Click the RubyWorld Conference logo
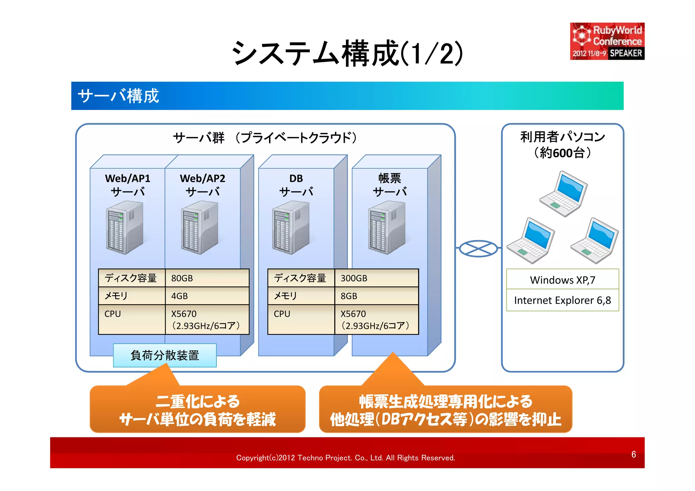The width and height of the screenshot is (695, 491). coord(607,41)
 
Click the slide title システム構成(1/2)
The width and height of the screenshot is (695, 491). coord(347,53)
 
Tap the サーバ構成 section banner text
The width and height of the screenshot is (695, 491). coord(118,96)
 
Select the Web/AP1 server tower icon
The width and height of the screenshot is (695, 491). coord(125,227)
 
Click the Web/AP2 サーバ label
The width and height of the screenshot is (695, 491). coord(203,185)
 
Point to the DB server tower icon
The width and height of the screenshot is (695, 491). coord(291,227)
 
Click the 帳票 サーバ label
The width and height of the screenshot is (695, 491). coord(390,185)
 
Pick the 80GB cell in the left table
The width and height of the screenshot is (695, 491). coord(207,278)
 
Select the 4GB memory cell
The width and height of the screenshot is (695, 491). coord(207,296)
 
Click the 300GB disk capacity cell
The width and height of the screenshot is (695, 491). coord(376,278)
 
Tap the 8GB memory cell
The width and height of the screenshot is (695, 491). coord(376,296)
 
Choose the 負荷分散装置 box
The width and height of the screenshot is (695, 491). coord(165,355)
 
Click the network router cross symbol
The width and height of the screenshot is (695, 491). coord(478,249)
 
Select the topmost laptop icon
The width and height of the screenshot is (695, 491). coord(564,194)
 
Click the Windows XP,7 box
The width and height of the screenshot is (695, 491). coord(562,280)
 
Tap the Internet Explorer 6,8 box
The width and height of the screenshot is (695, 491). coord(562,300)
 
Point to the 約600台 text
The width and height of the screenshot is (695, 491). coord(562,153)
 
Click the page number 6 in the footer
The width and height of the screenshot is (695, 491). coord(633,454)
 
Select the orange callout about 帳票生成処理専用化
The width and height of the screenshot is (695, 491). coord(445,410)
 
